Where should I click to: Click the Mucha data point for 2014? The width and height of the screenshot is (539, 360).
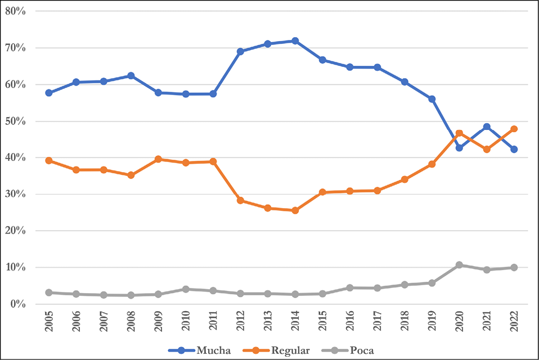[295, 41]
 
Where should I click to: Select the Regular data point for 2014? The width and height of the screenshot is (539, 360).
[295, 210]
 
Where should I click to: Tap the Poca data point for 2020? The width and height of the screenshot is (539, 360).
[459, 265]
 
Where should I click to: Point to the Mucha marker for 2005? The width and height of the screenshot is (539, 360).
[49, 93]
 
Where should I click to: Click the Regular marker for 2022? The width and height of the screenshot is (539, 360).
[514, 129]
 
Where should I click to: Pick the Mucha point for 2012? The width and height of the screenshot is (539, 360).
[240, 51]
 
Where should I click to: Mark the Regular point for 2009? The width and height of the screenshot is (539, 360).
[158, 159]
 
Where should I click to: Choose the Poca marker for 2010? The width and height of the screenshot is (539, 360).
[186, 289]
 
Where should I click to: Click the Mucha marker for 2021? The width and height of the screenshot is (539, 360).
[486, 127]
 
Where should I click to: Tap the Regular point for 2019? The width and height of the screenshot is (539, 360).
[432, 164]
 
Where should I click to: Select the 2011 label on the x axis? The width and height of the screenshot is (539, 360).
[213, 323]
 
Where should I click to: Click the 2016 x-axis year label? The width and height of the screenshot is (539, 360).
[350, 323]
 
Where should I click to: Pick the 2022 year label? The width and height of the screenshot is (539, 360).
[514, 323]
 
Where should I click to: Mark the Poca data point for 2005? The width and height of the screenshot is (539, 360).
[49, 292]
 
